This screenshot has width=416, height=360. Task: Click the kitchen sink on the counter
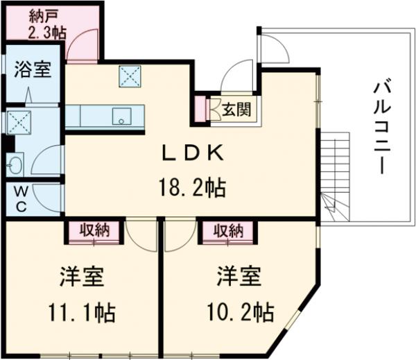122,118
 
